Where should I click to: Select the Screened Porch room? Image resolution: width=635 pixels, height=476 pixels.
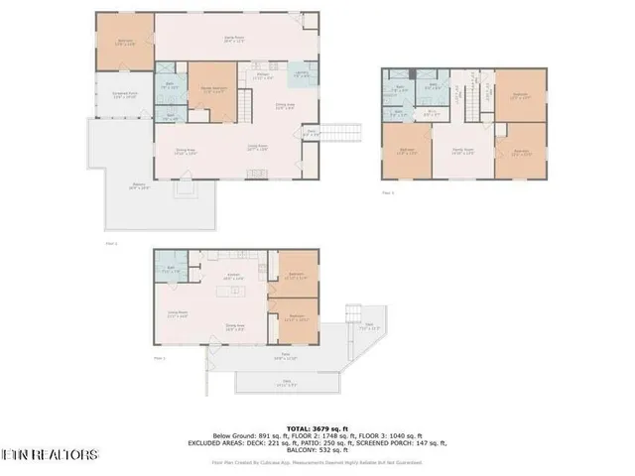[x=123, y=95]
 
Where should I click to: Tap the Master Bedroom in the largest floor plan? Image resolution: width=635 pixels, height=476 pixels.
[x=211, y=90]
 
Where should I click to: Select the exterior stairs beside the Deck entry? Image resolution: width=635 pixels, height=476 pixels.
[x=342, y=133]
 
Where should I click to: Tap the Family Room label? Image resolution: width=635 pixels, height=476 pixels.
[x=462, y=152]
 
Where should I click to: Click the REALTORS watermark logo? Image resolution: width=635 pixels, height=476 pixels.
[x=50, y=455]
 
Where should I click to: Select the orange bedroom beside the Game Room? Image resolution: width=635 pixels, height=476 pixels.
[x=124, y=43]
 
